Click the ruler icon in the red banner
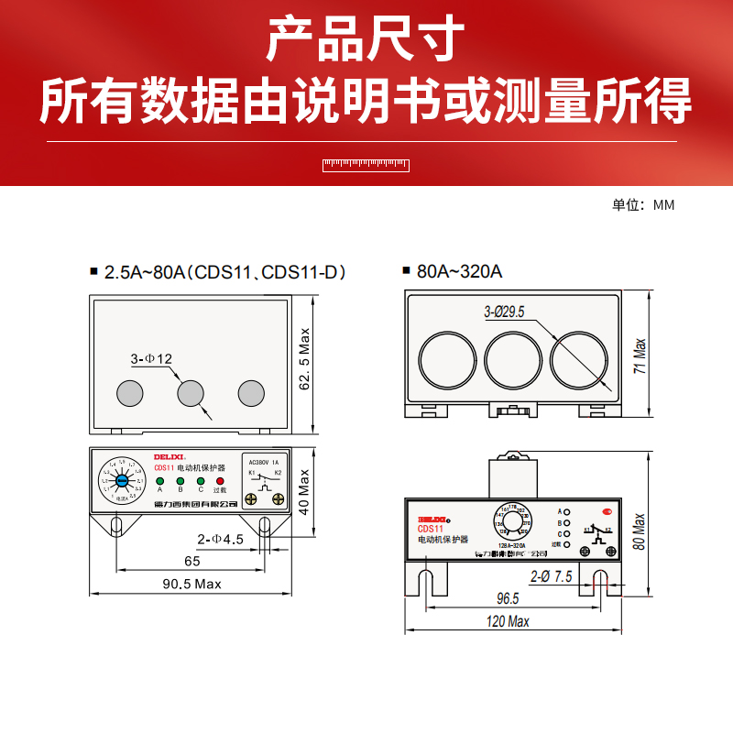click(366, 165)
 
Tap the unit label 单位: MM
click(643, 205)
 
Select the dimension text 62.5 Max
click(305, 359)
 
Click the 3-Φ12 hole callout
click(151, 359)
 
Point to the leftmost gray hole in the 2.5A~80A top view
click(130, 393)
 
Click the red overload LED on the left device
click(220, 480)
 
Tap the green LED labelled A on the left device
click(159, 480)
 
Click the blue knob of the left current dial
click(122, 480)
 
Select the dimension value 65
click(191, 560)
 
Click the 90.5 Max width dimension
click(192, 584)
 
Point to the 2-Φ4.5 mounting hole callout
click(220, 540)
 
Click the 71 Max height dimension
click(640, 355)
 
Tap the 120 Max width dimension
click(509, 622)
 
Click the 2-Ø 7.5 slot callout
click(552, 576)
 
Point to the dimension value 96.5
click(508, 598)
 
